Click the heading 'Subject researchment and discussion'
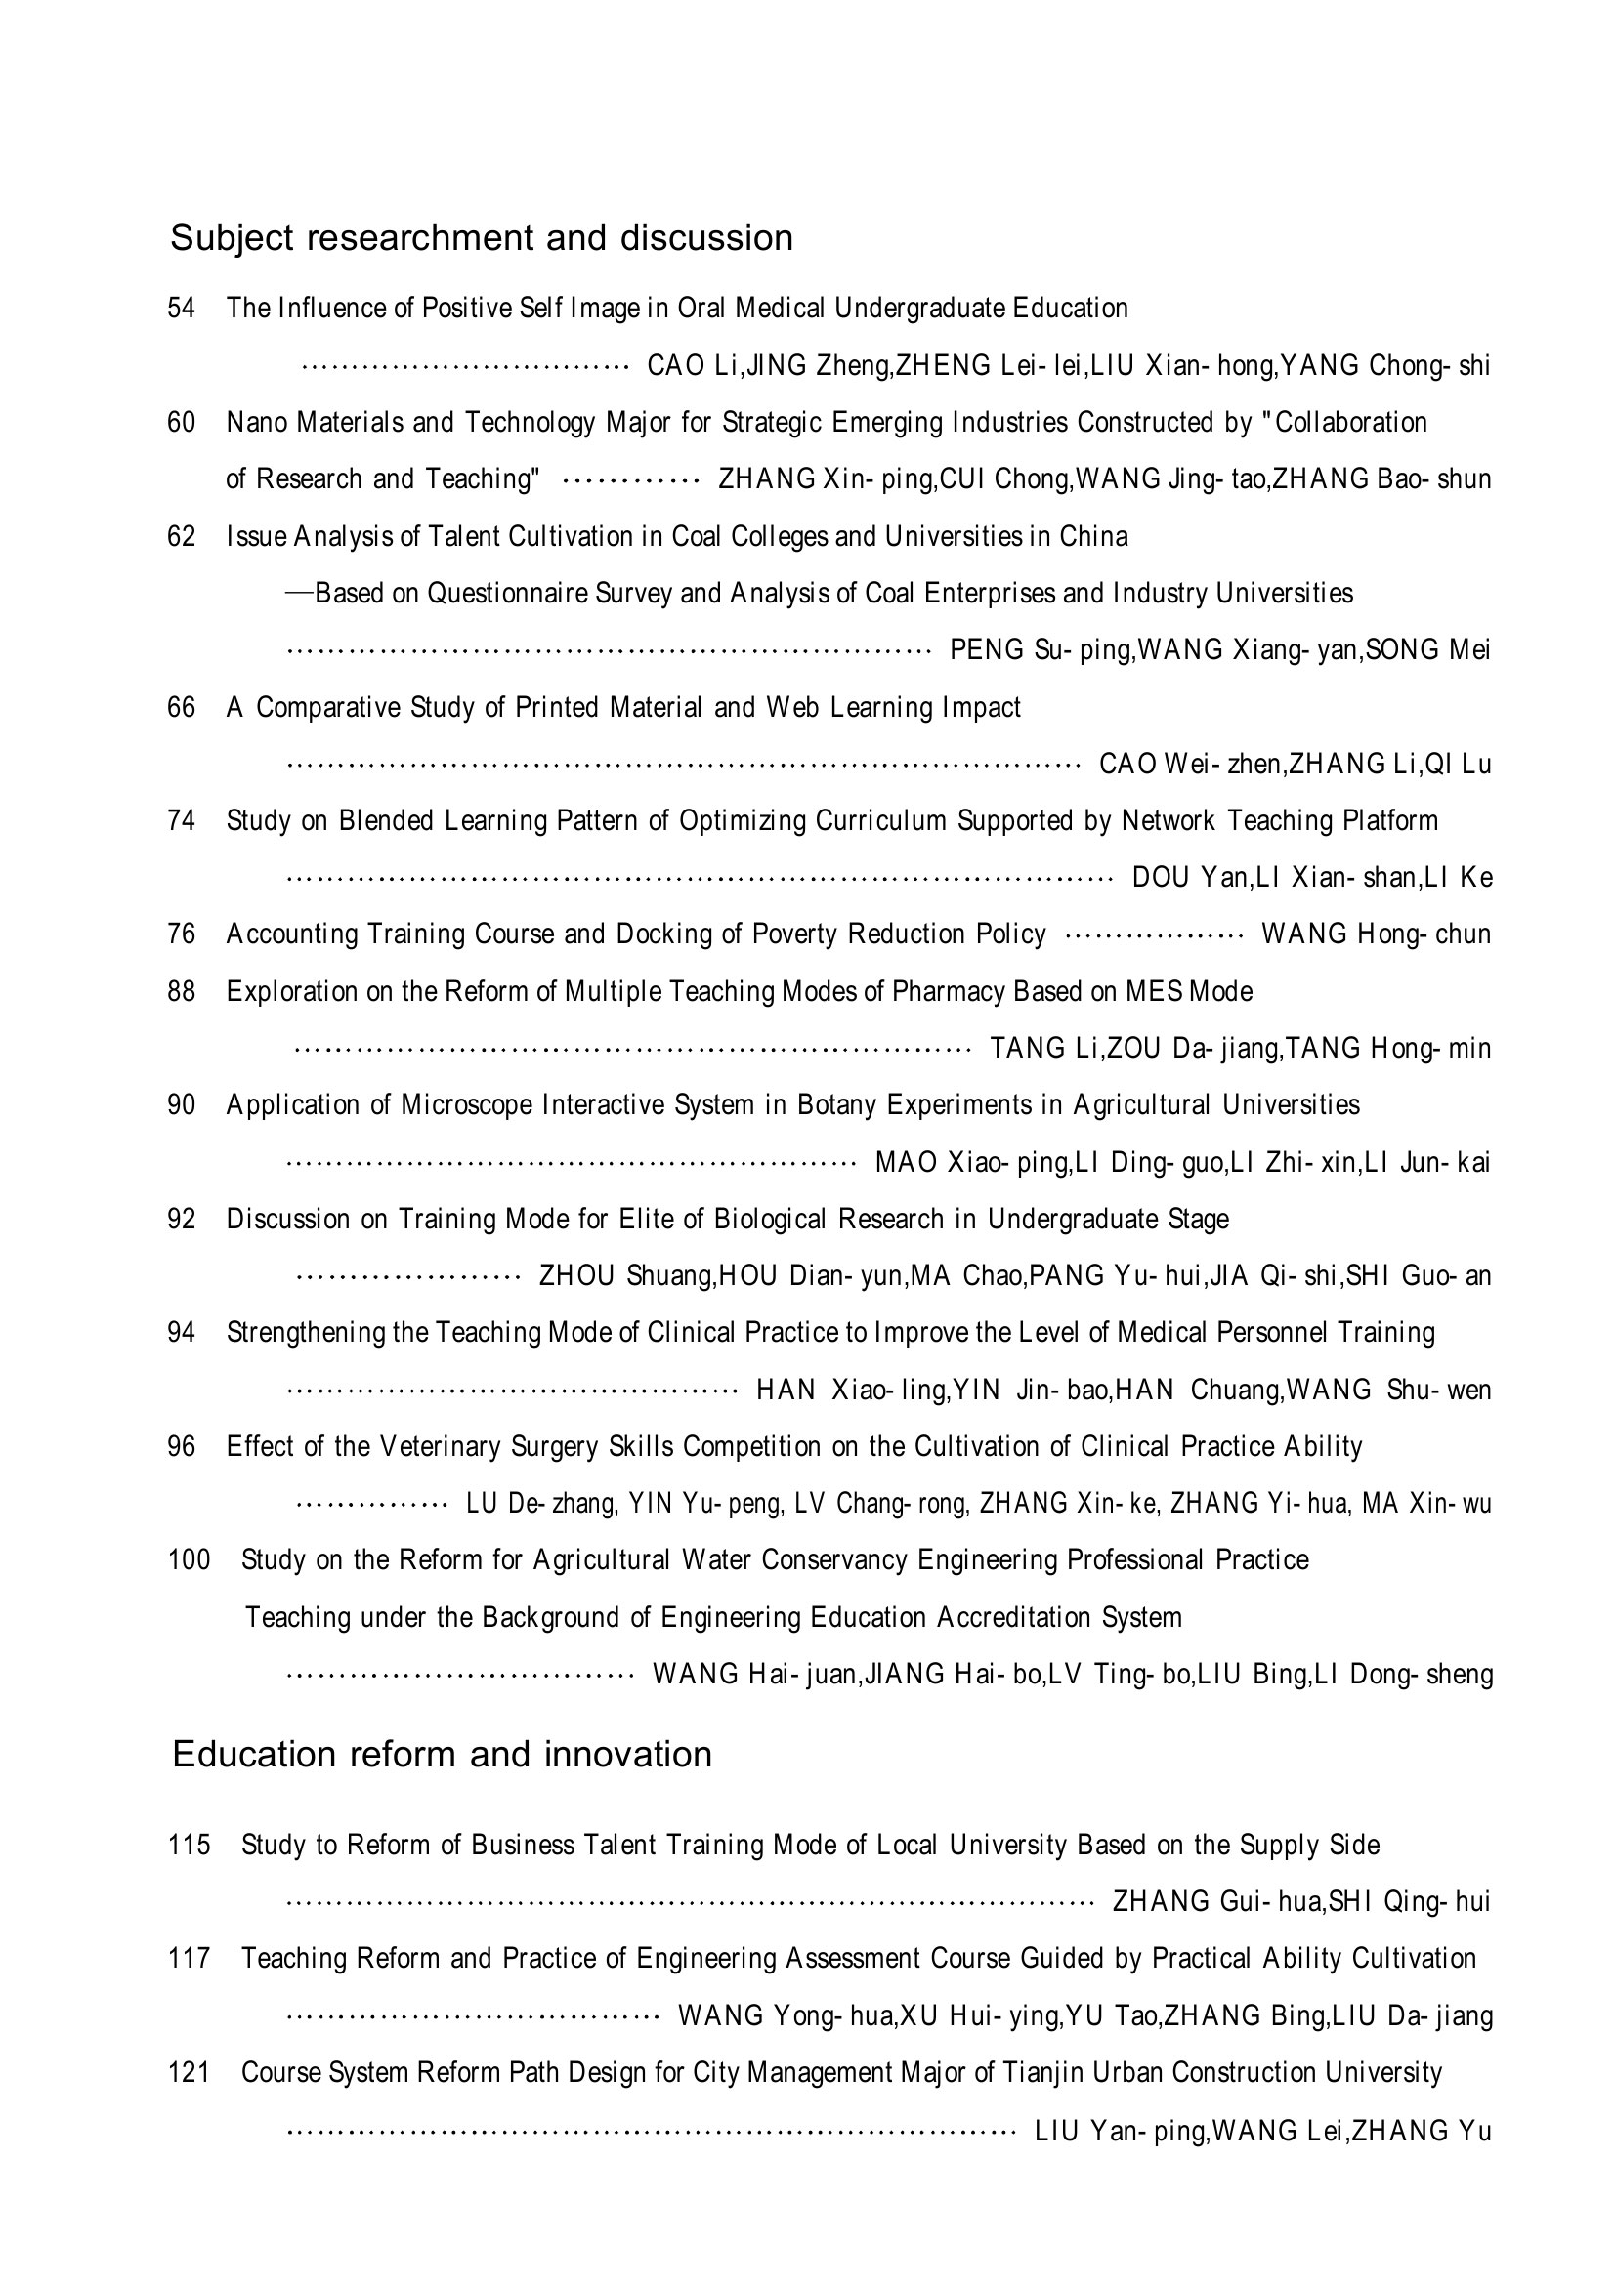[482, 237]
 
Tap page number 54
[181, 309]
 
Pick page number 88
[181, 992]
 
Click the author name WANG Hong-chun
[1377, 935]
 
